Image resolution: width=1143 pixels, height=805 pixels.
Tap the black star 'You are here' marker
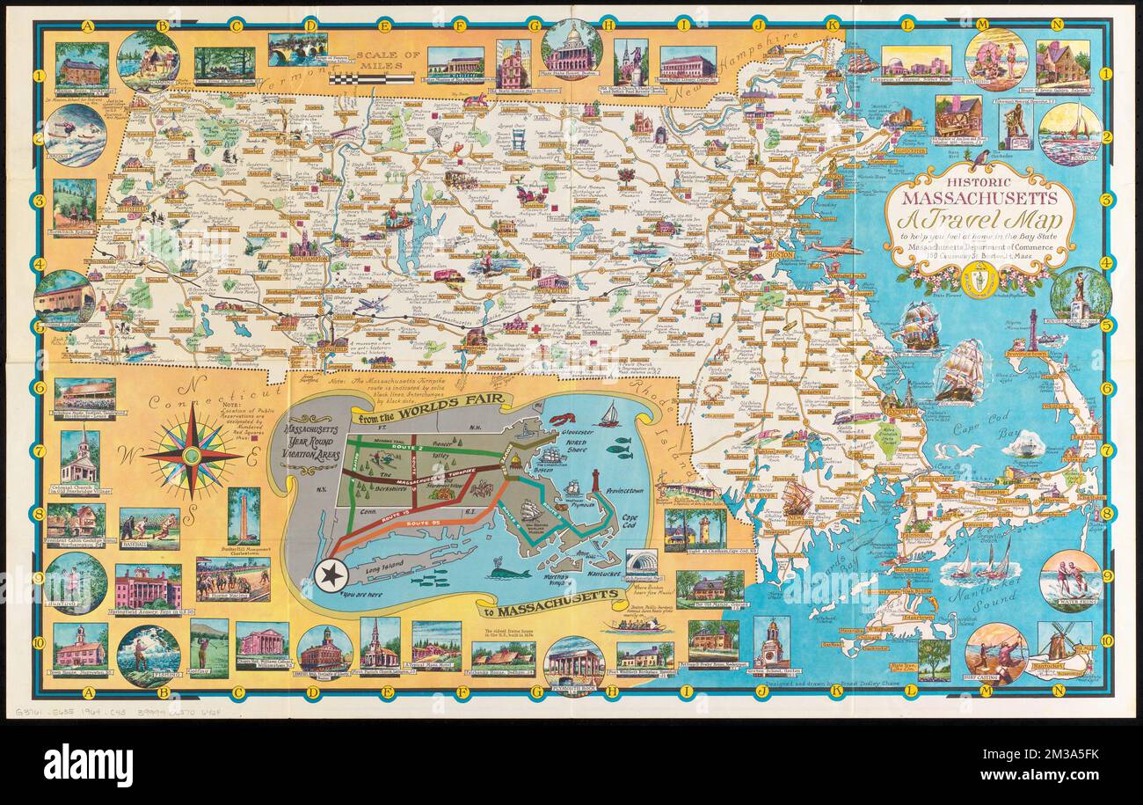(332, 573)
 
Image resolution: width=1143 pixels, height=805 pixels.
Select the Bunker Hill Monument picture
(244, 516)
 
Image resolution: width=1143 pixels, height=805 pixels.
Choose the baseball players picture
(149, 529)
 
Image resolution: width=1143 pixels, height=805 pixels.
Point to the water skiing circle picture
(1069, 580)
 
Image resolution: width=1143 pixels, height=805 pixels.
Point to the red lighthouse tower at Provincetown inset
(595, 483)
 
